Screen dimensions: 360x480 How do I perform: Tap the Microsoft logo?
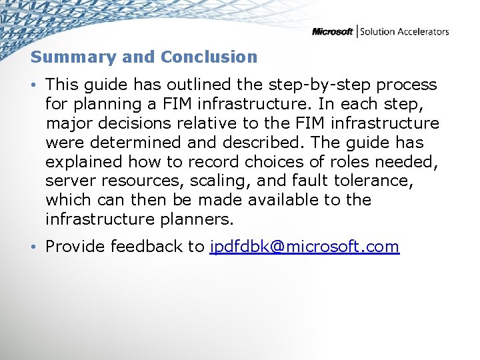pyautogui.click(x=332, y=32)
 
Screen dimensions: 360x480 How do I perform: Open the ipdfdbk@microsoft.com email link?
pyautogui.click(x=304, y=247)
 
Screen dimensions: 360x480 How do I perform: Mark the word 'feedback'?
pyautogui.click(x=147, y=247)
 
